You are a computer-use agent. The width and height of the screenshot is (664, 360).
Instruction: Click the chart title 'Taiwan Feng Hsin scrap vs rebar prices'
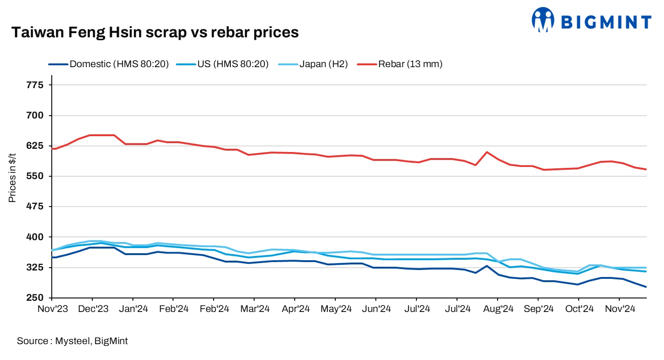(154, 32)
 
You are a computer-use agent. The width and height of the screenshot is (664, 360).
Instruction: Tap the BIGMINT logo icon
(543, 20)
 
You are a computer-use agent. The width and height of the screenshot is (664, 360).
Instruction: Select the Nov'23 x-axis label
(52, 309)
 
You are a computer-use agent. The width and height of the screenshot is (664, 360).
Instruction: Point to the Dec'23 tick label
(92, 309)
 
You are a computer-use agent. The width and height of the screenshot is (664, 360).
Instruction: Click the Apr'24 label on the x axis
(294, 309)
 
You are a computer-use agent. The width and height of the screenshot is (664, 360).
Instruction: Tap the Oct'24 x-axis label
(578, 309)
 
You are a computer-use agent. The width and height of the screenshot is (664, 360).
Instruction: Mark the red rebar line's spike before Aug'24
(487, 152)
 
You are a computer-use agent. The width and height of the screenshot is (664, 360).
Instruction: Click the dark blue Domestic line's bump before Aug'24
(487, 266)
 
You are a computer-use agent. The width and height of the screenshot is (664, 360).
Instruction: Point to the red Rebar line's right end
(646, 169)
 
